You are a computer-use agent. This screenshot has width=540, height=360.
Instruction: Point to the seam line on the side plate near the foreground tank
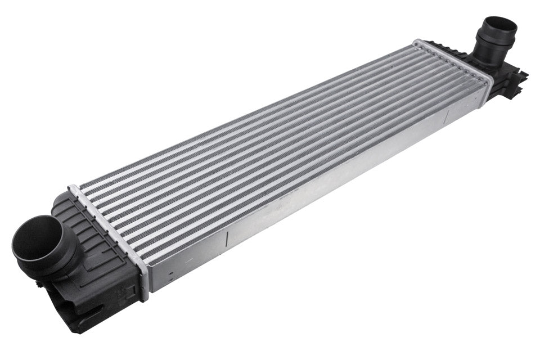tap(226, 240)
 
